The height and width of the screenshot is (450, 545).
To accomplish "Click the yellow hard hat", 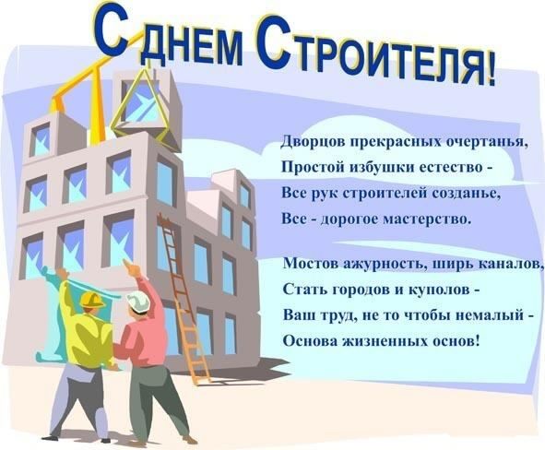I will click(x=91, y=300).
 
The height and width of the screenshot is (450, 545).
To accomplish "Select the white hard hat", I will click(x=138, y=301).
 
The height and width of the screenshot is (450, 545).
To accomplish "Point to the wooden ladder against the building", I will click(x=183, y=295).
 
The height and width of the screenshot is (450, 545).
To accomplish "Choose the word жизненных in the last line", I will click(x=388, y=338).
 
